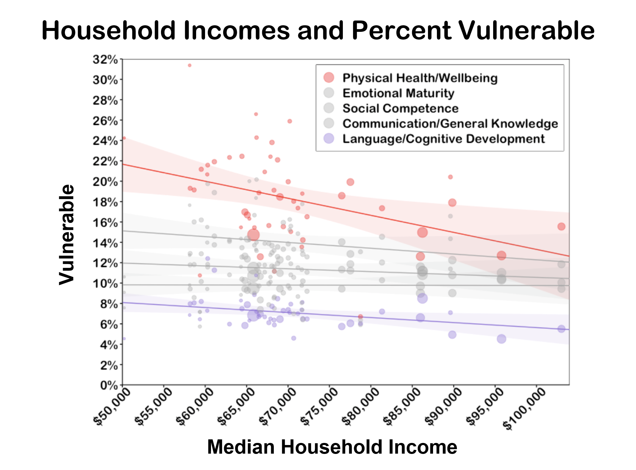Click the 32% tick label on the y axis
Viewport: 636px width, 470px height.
[x=105, y=59]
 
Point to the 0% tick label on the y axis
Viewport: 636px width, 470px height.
[x=109, y=385]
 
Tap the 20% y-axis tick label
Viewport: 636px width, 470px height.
[x=105, y=181]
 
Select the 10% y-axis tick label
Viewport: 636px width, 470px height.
[x=105, y=283]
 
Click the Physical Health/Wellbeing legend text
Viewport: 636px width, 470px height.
[x=420, y=78]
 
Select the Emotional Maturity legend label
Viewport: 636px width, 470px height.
[x=398, y=93]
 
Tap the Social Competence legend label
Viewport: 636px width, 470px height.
[x=400, y=108]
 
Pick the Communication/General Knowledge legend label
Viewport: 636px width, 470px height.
[x=450, y=123]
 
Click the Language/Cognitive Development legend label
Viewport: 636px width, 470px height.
[x=443, y=139]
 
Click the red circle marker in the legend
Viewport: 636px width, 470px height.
[x=329, y=78]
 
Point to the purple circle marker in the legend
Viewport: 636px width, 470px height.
[x=329, y=139]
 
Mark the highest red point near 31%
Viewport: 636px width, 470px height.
[x=190, y=65]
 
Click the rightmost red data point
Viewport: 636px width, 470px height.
[x=561, y=227]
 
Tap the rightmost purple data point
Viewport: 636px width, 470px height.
[x=561, y=329]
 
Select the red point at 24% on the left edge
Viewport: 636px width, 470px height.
[x=124, y=138]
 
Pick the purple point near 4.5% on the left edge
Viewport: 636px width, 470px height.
[x=124, y=339]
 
